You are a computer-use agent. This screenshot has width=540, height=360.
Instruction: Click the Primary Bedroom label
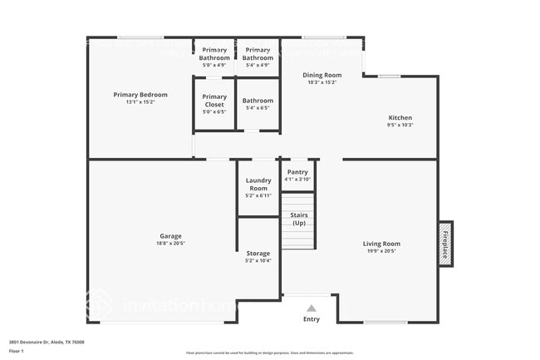[x=135, y=95]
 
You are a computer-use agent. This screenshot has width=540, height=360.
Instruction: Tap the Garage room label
[x=170, y=236]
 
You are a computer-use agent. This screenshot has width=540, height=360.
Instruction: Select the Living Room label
[x=381, y=244]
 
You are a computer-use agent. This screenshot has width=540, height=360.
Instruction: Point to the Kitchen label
[x=400, y=117]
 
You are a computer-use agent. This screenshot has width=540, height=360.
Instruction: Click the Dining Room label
[x=322, y=75]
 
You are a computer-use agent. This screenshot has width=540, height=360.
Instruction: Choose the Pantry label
[x=297, y=172]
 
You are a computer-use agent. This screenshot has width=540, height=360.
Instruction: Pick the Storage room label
[x=258, y=254]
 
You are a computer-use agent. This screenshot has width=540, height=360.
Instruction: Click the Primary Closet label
[x=214, y=101]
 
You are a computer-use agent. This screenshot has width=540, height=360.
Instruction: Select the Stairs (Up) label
[x=298, y=219]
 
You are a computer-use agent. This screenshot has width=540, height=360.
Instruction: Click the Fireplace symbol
[x=445, y=244]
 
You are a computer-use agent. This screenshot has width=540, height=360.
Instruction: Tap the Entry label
[x=312, y=318]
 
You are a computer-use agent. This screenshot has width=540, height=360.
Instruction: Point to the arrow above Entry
[x=312, y=307]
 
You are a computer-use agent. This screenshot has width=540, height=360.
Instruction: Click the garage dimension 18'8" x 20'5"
[x=170, y=244]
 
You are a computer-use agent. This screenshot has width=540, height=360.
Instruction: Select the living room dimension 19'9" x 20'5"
[x=381, y=251]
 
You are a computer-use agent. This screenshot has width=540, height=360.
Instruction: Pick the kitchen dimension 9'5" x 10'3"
[x=400, y=125]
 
